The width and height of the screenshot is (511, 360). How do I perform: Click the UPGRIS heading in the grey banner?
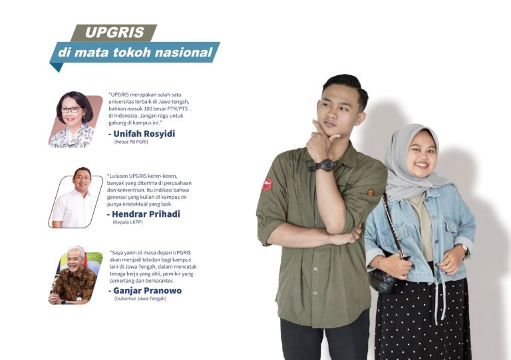pos(110,32)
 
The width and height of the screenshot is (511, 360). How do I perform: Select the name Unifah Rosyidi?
pos(143,133)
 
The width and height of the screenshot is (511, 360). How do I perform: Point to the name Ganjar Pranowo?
pos(144,291)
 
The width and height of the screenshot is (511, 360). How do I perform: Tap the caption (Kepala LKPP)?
pos(128,222)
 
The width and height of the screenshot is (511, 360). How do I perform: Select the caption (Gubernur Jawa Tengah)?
pos(140,299)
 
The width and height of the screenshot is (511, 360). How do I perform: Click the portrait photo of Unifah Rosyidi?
pos(75,120)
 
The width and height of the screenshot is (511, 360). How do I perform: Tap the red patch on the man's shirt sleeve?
pos(267,184)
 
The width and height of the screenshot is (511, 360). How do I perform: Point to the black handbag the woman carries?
pos(384,279)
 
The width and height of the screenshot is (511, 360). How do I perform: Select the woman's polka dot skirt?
pos(423,319)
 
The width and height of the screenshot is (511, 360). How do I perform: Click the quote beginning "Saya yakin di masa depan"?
pos(153,267)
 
